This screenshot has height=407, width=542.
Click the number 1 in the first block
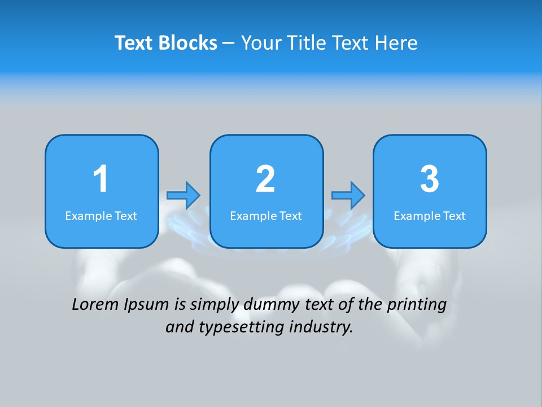(x=100, y=179)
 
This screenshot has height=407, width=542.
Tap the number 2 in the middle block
(x=265, y=179)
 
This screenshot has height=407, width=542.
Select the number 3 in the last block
(x=430, y=179)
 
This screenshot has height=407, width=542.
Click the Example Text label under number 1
(x=101, y=216)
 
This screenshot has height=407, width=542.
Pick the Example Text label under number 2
(x=266, y=216)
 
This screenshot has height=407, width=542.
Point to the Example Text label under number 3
(x=430, y=216)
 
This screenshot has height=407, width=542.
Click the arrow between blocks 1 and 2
(x=183, y=195)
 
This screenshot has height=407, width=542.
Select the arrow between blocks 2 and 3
(x=348, y=195)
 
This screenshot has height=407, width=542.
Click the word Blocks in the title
(x=189, y=43)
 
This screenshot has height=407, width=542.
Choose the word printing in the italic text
(x=417, y=305)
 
